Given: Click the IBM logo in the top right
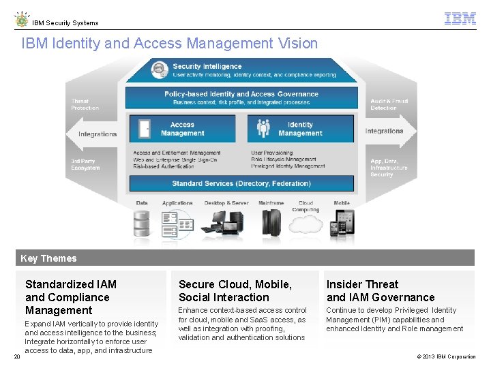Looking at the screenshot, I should pos(460,19).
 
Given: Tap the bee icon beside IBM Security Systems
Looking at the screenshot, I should pos(22,19).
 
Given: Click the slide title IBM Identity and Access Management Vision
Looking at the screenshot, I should pos(170,44).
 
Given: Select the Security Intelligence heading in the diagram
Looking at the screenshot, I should pos(207,67).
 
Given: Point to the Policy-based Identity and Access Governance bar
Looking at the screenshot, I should pos(241,97).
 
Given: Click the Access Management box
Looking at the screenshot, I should pos(182,129).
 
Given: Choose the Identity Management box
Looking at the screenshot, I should pos(300,129).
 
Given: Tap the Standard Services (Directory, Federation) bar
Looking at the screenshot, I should pos(241,183).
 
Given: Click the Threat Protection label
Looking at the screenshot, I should pos(85,104).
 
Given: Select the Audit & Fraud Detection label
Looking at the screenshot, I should pos(389,104).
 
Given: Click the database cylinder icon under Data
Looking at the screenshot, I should pos(142,222).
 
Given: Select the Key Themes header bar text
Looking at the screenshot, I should pos(48,258).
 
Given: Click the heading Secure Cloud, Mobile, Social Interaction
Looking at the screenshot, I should pos(235,290).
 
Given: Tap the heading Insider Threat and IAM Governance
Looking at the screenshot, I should pos(381,290).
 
